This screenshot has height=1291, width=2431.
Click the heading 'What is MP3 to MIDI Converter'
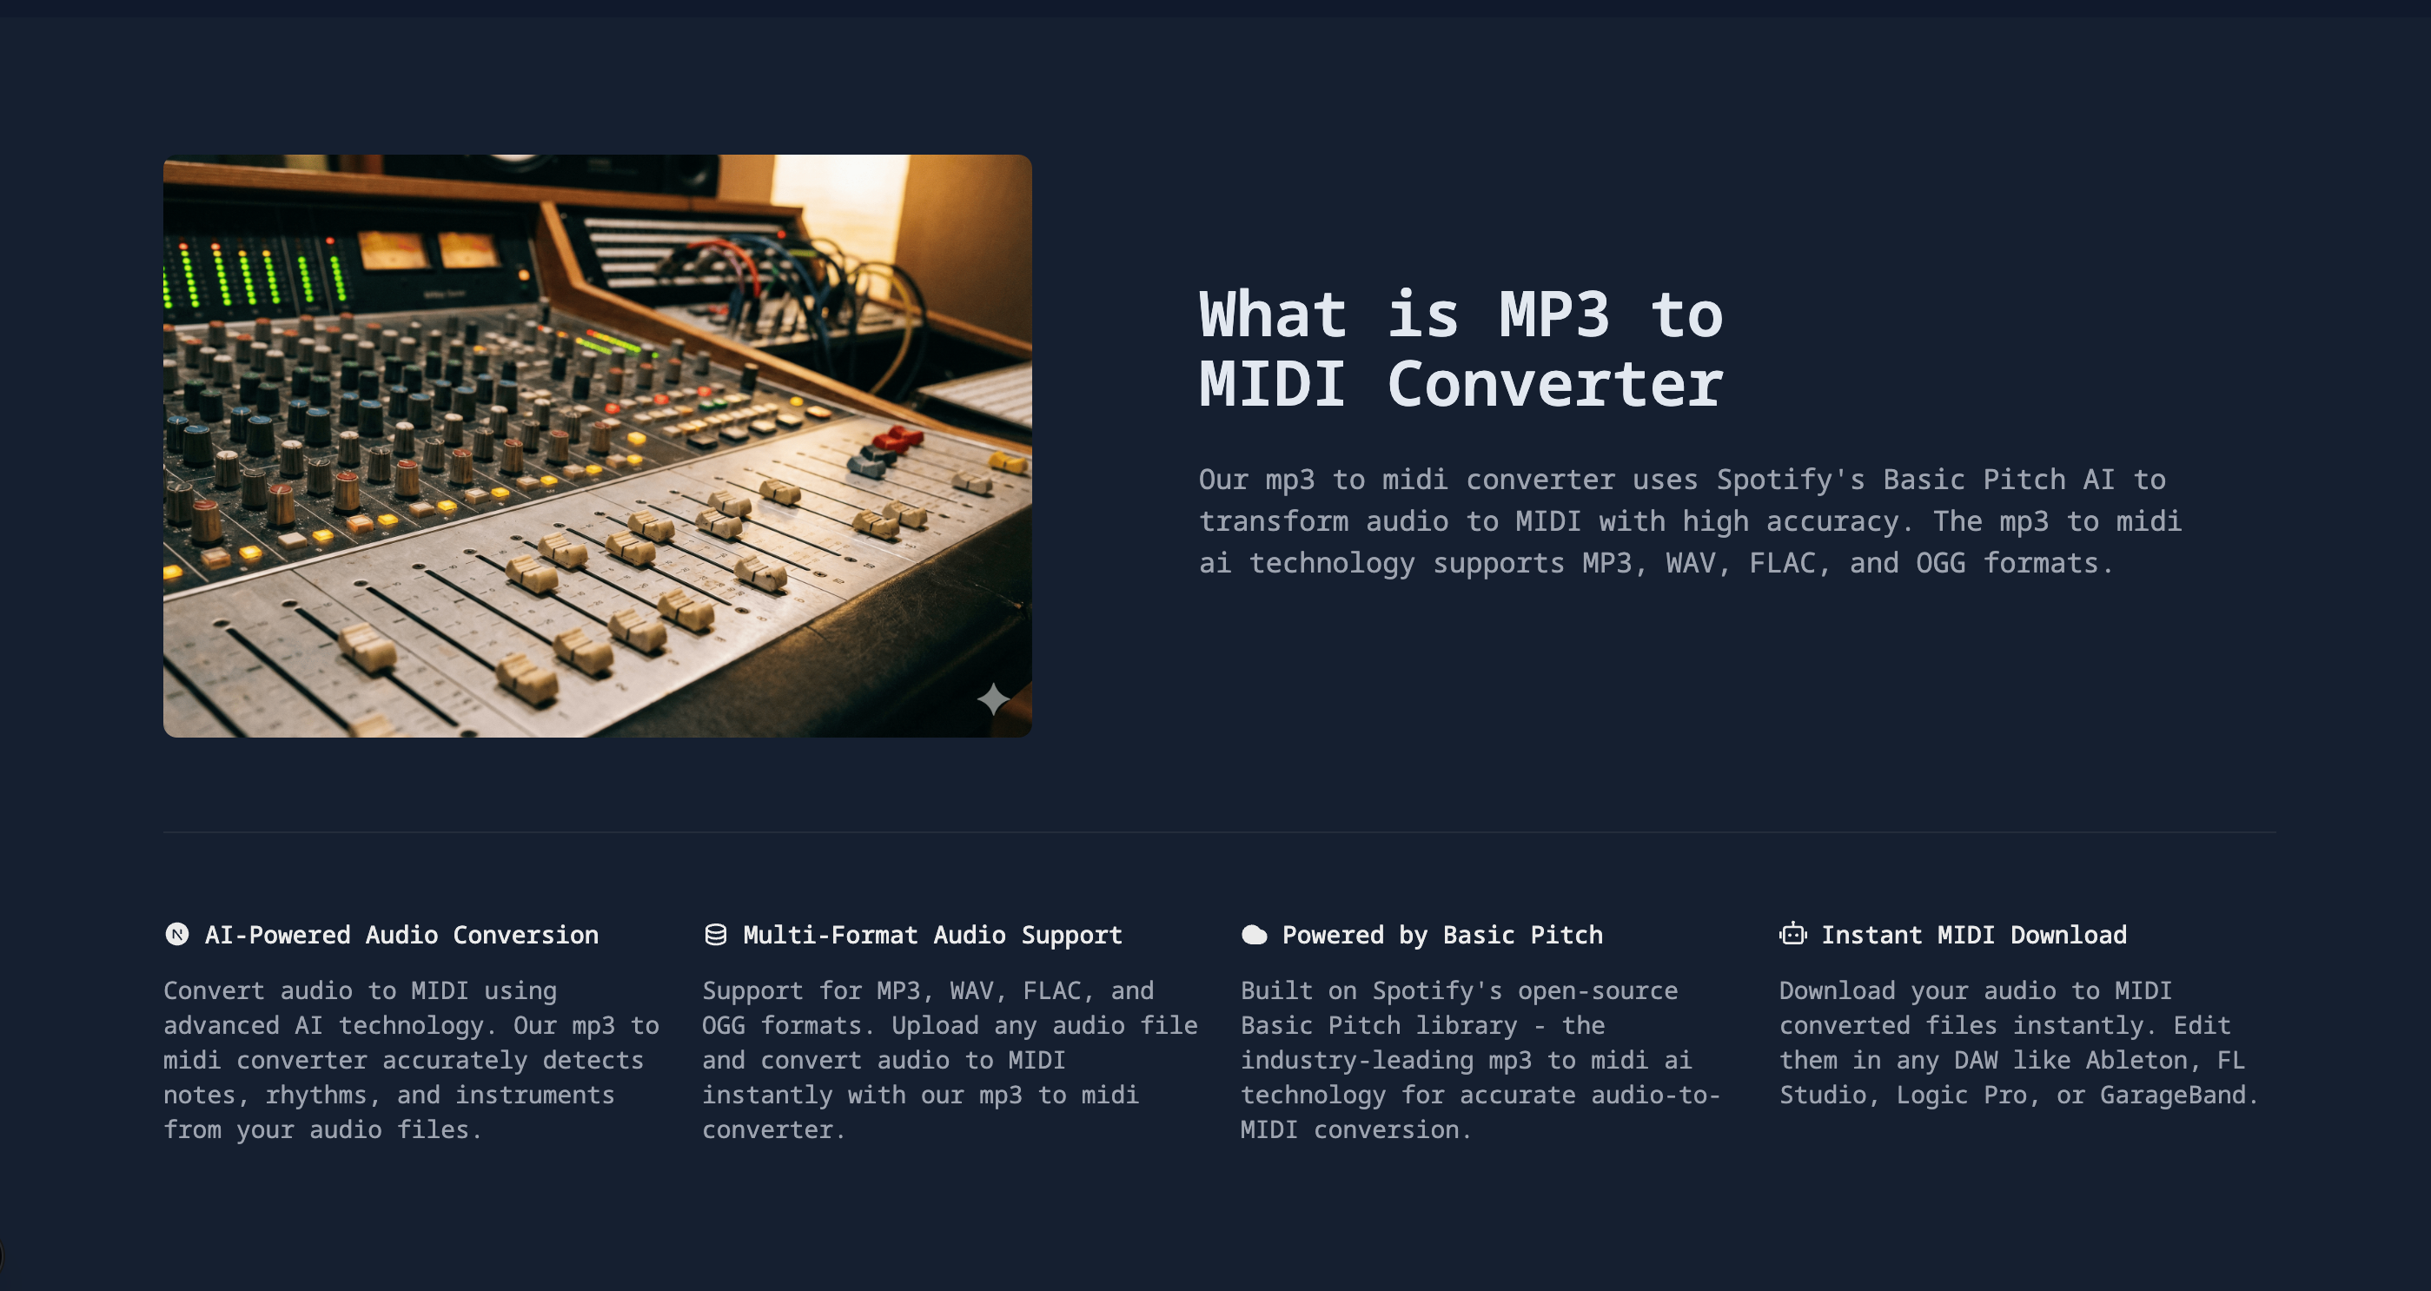(x=1460, y=349)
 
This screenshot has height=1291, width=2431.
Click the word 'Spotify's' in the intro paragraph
(x=1790, y=480)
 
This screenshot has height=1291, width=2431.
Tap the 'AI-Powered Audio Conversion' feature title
(x=401, y=934)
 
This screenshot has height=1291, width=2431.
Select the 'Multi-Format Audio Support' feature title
(x=932, y=934)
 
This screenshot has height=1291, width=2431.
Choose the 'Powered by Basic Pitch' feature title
(x=1442, y=934)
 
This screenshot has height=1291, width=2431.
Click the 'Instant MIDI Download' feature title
(x=1973, y=934)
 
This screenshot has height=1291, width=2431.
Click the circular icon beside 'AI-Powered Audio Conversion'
(x=176, y=934)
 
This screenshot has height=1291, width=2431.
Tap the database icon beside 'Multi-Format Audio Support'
(x=715, y=934)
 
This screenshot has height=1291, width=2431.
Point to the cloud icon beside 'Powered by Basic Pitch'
(x=1255, y=934)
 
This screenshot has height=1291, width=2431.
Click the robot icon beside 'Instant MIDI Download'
(x=1792, y=934)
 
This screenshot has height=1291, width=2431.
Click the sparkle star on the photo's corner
(x=993, y=699)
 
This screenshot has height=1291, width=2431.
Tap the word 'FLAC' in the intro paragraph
(x=1782, y=563)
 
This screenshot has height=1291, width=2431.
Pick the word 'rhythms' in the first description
(x=315, y=1095)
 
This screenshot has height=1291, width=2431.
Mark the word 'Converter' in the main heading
(x=1554, y=384)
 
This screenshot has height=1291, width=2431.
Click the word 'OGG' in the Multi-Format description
(x=723, y=1025)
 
